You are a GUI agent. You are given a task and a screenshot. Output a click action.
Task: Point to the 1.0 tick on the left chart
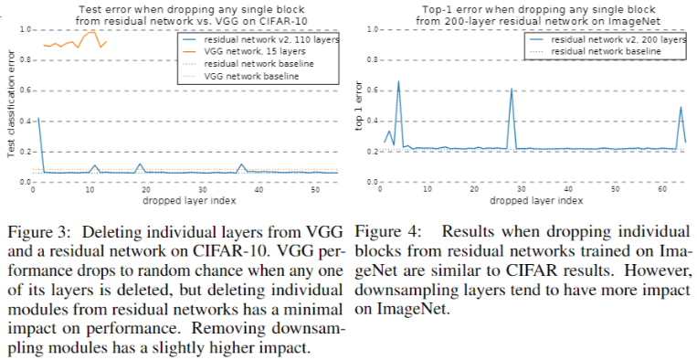click(x=21, y=30)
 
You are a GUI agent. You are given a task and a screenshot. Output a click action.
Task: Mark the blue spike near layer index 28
click(x=512, y=90)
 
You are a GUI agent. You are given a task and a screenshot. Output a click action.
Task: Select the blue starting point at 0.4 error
click(x=37, y=119)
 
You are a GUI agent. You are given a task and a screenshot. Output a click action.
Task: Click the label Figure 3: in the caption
click(x=36, y=228)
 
